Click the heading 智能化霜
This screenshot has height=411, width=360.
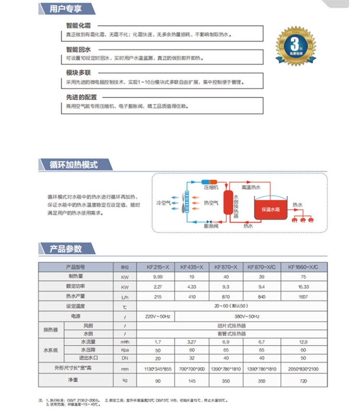[78, 26]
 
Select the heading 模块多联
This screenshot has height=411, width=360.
[78, 73]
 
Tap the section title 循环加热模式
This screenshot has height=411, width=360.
[74, 165]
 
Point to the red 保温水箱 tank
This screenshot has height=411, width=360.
[271, 209]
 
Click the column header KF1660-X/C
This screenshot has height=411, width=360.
[303, 267]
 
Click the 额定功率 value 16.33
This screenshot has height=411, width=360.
[303, 287]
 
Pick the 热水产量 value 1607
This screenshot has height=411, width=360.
[303, 297]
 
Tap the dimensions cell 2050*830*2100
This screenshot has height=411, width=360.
[303, 369]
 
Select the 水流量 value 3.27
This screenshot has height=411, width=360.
[192, 342]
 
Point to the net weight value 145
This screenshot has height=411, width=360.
[192, 381]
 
